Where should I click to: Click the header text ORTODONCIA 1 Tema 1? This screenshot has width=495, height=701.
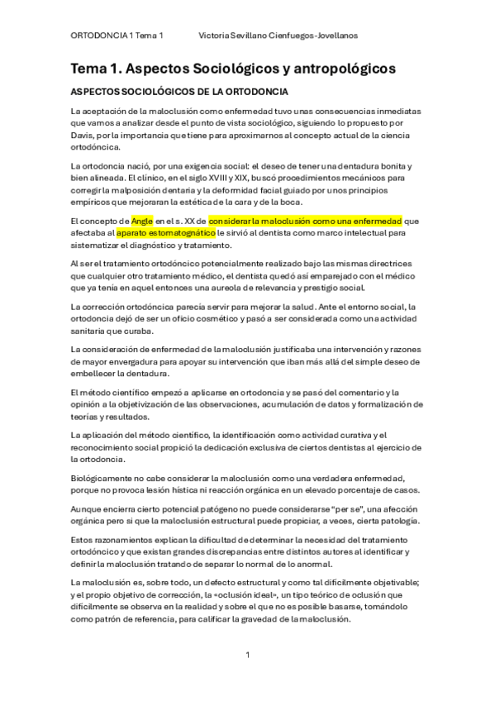click(117, 36)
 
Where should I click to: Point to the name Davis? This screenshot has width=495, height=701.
click(85, 136)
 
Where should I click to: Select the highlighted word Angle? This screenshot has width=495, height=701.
click(142, 221)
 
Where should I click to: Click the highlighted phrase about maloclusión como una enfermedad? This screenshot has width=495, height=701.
click(305, 221)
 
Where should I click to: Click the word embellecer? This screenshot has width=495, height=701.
click(96, 373)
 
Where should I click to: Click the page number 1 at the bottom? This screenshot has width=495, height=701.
click(247, 655)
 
